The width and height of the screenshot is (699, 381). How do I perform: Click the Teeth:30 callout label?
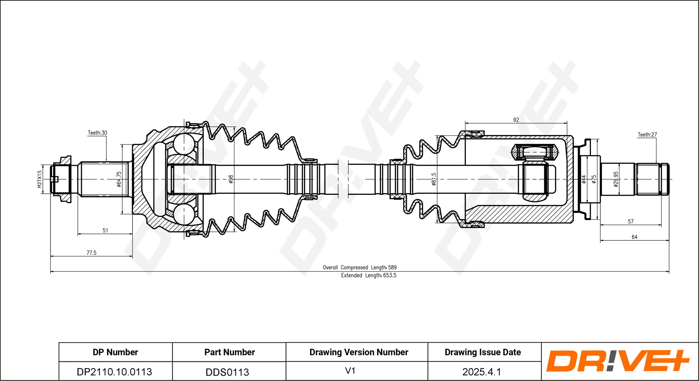coord(97,133)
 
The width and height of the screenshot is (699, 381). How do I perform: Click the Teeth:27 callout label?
coord(647,134)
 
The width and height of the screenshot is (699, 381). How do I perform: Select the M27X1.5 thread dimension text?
coord(40,179)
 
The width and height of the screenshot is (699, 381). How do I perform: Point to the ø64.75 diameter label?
coord(119,179)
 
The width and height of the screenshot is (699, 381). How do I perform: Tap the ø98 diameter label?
coord(231,179)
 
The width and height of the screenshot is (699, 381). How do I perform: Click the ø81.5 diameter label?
coord(434,179)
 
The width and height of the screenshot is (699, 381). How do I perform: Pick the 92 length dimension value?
coord(516,120)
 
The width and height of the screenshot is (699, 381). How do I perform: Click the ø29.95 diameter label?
coord(616,179)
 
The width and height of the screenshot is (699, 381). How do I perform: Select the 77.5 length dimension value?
coord(91,253)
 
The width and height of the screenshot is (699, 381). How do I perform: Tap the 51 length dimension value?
coord(105,230)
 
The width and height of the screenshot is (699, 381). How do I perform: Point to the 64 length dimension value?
coord(634,237)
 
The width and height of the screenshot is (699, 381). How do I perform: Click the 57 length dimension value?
coord(630,221)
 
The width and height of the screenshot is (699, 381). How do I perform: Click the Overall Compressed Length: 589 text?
coord(360,268)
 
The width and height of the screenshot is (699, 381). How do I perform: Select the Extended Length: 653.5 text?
coord(369,275)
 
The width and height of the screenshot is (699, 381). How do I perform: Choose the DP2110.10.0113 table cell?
coord(114,372)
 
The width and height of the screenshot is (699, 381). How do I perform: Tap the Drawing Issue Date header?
coord(483,352)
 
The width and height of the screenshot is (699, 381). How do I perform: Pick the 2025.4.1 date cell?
coord(481,372)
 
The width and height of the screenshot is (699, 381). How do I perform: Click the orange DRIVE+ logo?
coord(617,361)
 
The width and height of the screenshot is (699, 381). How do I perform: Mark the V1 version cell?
coord(350,371)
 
